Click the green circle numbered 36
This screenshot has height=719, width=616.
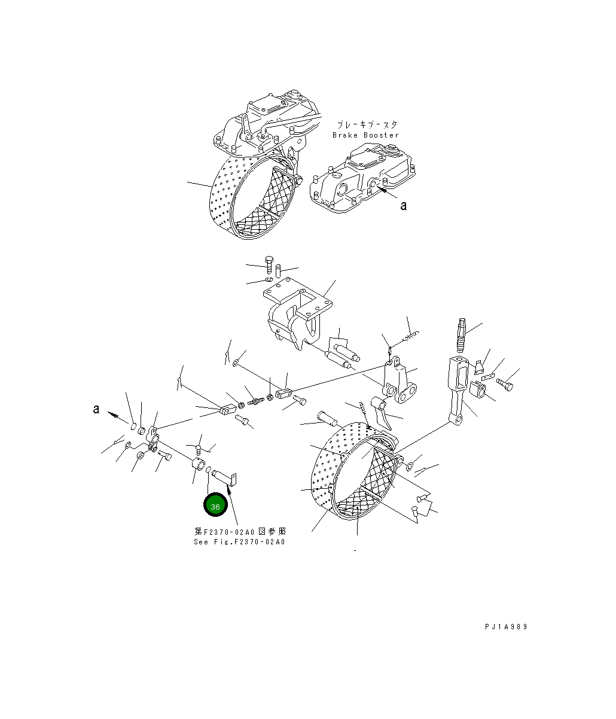tap(215, 506)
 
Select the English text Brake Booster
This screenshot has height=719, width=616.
tap(365, 135)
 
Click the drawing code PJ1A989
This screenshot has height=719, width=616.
tap(506, 627)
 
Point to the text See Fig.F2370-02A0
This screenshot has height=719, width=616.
tap(239, 542)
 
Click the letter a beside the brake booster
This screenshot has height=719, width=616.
tap(404, 206)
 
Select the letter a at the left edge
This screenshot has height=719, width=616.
tap(96, 410)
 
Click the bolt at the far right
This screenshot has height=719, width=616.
tap(505, 385)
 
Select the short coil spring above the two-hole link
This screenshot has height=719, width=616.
tap(412, 337)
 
